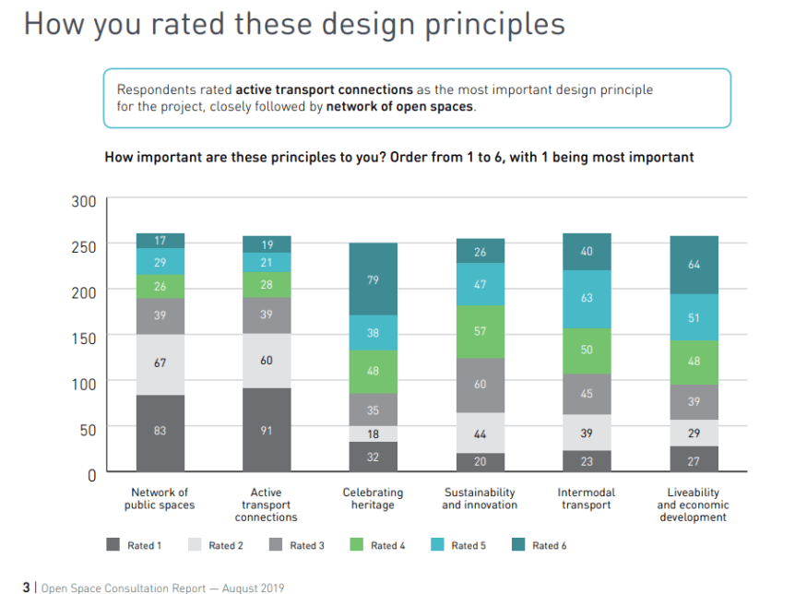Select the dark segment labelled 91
coord(267,430)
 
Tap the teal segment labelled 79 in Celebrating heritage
coord(373,279)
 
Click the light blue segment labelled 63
coord(586,299)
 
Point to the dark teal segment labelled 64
coord(693,265)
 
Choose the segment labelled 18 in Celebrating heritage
coord(373,434)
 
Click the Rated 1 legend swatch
coord(113,545)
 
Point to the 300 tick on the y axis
coord(84,201)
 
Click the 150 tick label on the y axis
coord(84,338)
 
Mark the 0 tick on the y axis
coord(90,475)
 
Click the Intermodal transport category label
coord(586,499)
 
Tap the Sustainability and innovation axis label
coord(480,499)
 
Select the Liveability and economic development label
coord(693,505)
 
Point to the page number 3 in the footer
coord(26,588)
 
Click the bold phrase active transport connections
coord(324,89)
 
